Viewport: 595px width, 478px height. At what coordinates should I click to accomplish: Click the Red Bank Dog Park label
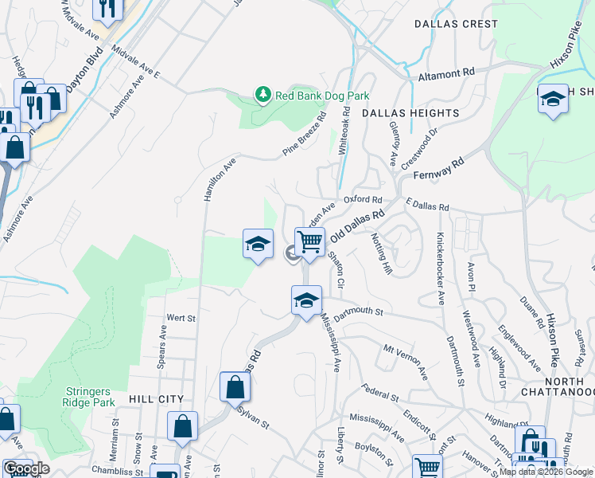(x=322, y=96)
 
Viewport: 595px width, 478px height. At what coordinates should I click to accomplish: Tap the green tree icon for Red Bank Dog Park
(x=263, y=96)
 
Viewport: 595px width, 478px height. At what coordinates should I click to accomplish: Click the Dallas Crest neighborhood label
(x=456, y=24)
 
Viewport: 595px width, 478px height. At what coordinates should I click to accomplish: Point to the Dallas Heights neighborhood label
(x=410, y=114)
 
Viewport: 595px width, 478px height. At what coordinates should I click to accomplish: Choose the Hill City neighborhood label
(x=156, y=399)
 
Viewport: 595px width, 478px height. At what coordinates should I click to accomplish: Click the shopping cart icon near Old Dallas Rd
(x=309, y=241)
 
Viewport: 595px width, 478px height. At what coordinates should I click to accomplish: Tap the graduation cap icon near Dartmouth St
(x=306, y=300)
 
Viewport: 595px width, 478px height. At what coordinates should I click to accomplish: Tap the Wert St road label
(x=181, y=318)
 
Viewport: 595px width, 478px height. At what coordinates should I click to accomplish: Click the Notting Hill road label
(x=383, y=255)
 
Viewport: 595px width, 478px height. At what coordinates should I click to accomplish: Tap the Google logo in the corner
(x=26, y=468)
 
